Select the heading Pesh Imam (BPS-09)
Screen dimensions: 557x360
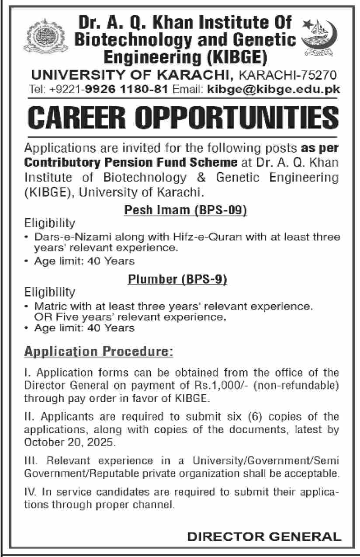coord(186,211)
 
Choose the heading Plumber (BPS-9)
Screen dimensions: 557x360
coord(177,279)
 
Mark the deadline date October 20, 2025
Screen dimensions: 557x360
coord(70,442)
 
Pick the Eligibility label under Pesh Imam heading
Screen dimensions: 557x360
coord(50,223)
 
